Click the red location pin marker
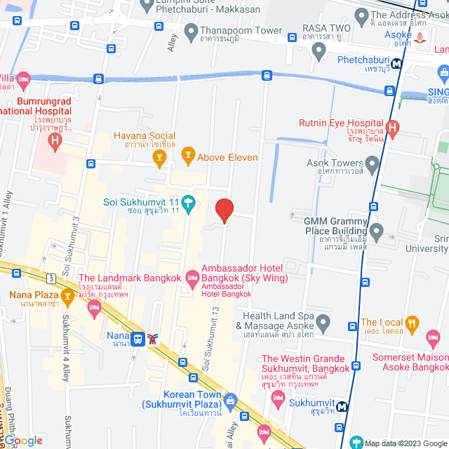point(224,210)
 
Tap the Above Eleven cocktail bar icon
point(187,154)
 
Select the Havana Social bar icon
point(160,159)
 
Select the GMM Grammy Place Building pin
point(377,230)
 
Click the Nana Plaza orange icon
point(67,296)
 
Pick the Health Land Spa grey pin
point(323,323)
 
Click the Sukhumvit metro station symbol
point(341,406)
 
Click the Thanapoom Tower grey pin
point(191,31)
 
